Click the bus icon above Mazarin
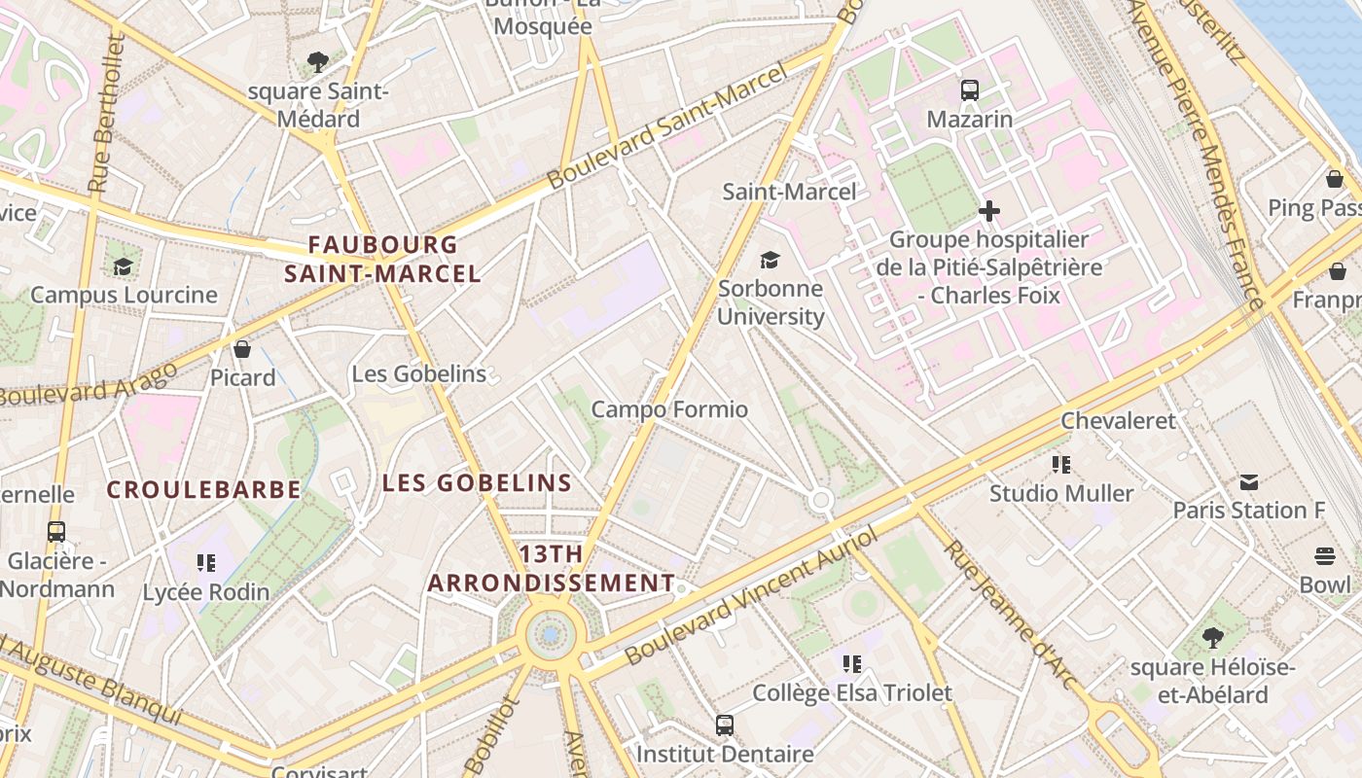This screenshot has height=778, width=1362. tap(970, 90)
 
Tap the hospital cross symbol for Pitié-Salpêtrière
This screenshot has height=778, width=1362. tap(989, 211)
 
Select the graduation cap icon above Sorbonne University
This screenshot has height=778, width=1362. tap(771, 260)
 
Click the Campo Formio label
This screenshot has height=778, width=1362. tap(669, 409)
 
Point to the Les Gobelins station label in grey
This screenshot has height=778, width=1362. tap(418, 373)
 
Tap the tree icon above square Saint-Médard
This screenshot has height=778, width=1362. tap(317, 63)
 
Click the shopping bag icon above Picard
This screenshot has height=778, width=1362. tap(242, 348)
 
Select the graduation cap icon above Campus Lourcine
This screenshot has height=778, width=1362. tap(123, 266)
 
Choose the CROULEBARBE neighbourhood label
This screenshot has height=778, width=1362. tap(203, 489)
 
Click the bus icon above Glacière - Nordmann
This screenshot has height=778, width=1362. tap(56, 532)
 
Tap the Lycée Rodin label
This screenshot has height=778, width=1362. tap(206, 592)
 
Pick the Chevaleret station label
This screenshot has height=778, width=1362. tap(1118, 421)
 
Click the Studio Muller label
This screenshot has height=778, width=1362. tap(1061, 493)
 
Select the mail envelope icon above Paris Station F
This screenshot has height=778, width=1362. tap(1249, 481)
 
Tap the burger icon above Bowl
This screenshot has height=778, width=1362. tap(1325, 556)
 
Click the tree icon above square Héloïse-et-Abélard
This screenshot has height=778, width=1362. tap(1212, 638)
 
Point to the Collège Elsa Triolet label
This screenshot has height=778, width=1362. tap(852, 692)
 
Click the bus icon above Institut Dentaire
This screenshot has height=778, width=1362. tap(725, 725)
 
